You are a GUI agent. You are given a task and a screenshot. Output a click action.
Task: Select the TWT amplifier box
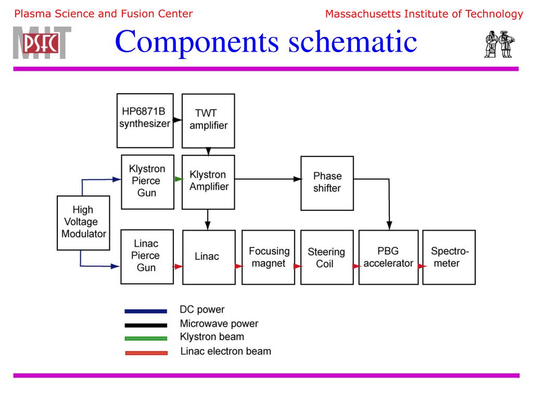(x=208, y=121)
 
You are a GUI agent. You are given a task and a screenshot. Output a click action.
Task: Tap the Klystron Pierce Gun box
(x=147, y=181)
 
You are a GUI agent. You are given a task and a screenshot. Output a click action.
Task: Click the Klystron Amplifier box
(x=208, y=180)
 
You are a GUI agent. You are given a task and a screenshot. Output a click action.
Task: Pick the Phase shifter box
(x=327, y=183)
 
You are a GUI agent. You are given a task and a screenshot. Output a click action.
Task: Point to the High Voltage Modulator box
(x=83, y=222)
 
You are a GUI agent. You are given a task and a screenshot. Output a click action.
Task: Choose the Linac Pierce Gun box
(x=147, y=257)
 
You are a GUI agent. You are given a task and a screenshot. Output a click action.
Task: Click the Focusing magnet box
(x=269, y=257)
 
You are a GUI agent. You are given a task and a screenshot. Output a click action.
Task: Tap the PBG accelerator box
(x=388, y=257)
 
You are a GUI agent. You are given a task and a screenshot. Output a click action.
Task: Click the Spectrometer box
(x=448, y=257)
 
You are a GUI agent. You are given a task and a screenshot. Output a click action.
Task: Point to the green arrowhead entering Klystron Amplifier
(x=179, y=179)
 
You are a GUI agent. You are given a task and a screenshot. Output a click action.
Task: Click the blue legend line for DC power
(x=146, y=311)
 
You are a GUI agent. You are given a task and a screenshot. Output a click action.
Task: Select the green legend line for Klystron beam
(x=146, y=339)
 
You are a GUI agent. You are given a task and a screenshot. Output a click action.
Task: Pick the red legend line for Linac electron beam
(x=146, y=353)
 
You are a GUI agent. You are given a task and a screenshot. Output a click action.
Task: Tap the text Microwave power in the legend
(x=219, y=323)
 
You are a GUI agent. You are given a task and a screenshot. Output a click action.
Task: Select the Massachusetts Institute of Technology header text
(x=424, y=14)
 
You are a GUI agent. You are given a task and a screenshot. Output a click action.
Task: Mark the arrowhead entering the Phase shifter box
(x=297, y=179)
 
